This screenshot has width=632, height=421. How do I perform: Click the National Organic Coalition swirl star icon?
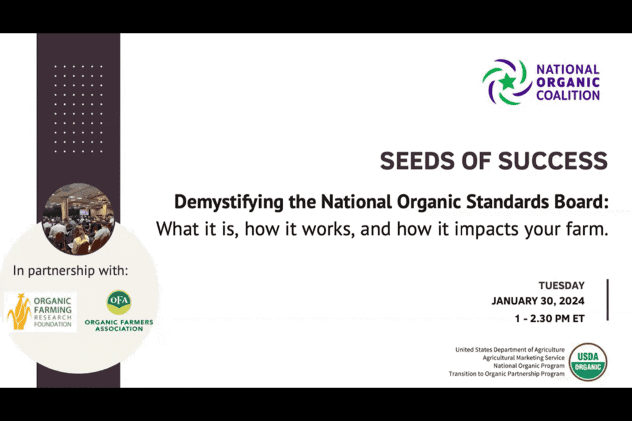pos(507,82)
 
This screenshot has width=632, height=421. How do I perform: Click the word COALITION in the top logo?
pos(568,96)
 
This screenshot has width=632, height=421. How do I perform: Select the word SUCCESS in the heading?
pos(553,161)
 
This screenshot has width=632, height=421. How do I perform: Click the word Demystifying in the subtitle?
pos(228,202)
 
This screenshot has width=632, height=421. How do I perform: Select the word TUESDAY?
pos(562,285)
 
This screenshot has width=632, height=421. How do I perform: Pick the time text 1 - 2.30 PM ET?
pos(549,318)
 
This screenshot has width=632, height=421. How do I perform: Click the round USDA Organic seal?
pos(588,361)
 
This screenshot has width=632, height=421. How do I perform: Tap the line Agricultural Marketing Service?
pos(523,358)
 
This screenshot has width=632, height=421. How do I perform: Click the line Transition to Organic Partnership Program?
pos(507,374)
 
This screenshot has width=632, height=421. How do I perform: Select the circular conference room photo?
pos(78,219)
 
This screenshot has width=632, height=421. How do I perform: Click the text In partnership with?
pos(70,271)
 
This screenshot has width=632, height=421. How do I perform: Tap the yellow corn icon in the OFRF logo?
pos(19,311)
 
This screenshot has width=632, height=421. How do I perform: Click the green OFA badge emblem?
pos(118,302)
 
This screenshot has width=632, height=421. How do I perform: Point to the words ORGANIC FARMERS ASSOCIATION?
pos(119,325)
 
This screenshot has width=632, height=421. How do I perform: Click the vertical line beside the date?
pos(607,300)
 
